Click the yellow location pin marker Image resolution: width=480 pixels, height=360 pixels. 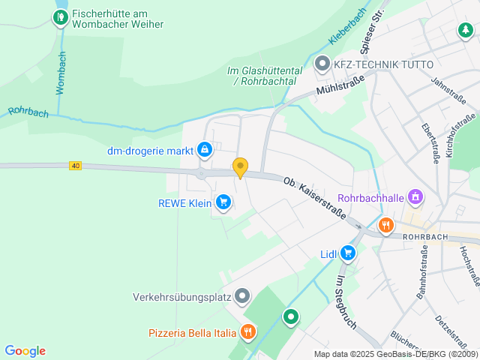[240, 167]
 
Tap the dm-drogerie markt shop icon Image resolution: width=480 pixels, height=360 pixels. [204, 151]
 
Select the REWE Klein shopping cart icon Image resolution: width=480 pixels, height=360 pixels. [223, 202]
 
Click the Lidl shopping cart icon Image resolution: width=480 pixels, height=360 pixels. [347, 253]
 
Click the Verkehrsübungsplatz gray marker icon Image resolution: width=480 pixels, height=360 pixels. [241, 297]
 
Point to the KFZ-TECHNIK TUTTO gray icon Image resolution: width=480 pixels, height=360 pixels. [322, 64]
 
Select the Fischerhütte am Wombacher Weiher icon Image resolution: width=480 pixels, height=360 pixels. [59, 16]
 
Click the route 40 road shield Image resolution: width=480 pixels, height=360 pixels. [75, 165]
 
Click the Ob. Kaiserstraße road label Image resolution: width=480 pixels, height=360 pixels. [314, 198]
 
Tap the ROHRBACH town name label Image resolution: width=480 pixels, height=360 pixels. [424, 236]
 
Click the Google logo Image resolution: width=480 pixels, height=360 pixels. [25, 351]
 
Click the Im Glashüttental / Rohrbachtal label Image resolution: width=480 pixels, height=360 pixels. [265, 76]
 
